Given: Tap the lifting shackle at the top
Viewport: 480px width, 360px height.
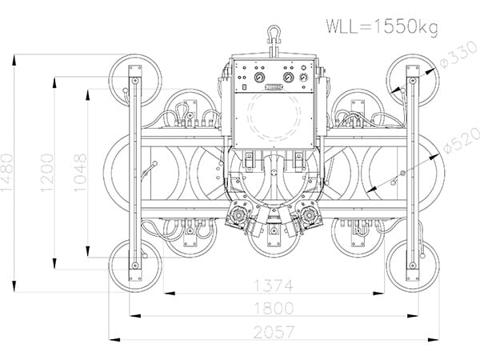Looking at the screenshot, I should [272, 37].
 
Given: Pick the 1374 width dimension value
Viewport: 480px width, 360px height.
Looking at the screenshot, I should [273, 285].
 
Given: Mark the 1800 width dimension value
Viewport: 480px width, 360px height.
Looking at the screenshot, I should [273, 308].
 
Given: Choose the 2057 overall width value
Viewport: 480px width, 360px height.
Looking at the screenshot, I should [273, 331].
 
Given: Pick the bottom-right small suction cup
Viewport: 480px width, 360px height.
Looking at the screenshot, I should [412, 264].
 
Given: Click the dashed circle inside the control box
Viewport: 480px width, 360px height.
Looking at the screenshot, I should [273, 116].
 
